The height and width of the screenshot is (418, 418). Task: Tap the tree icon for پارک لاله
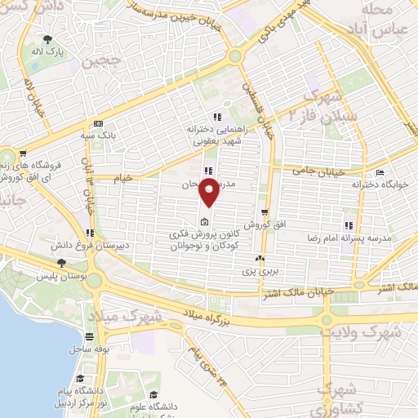coord(49,38)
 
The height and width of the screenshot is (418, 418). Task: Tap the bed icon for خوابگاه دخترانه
coord(380,172)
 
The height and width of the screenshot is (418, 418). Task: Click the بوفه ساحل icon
coord(89,336)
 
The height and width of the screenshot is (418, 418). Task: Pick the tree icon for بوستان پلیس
coord(62,262)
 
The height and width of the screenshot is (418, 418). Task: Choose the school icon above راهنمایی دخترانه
coord(216,116)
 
